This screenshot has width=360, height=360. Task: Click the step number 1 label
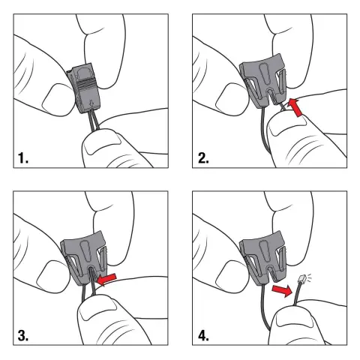pyautogui.click(x=23, y=157)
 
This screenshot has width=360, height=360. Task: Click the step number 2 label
pyautogui.click(x=203, y=157)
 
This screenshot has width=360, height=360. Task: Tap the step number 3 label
pyautogui.click(x=23, y=335)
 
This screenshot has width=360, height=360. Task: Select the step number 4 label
pyautogui.click(x=203, y=335)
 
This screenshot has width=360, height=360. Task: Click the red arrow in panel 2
pyautogui.click(x=295, y=107)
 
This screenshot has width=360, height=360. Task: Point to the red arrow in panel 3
pyautogui.click(x=106, y=279)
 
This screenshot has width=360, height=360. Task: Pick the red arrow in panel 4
pyautogui.click(x=282, y=291)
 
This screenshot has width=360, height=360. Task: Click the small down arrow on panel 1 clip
pyautogui.click(x=91, y=103)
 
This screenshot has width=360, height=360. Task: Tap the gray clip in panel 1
pyautogui.click(x=84, y=88)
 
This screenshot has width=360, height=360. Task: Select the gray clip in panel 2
pyautogui.click(x=262, y=80)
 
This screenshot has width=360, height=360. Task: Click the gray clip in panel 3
pyautogui.click(x=84, y=257)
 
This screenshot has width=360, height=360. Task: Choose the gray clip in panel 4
pyautogui.click(x=262, y=258)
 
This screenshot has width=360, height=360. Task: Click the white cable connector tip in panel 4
pyautogui.click(x=302, y=278)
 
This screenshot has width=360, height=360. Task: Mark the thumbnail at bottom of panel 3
pyautogui.click(x=97, y=310)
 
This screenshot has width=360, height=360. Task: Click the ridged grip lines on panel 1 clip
pyautogui.click(x=84, y=85)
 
